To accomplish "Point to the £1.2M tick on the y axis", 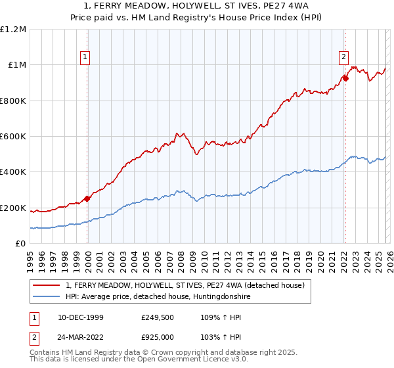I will pos(13,30).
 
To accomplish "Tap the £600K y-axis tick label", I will pos(13,137).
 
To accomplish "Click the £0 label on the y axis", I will pos(20,244).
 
